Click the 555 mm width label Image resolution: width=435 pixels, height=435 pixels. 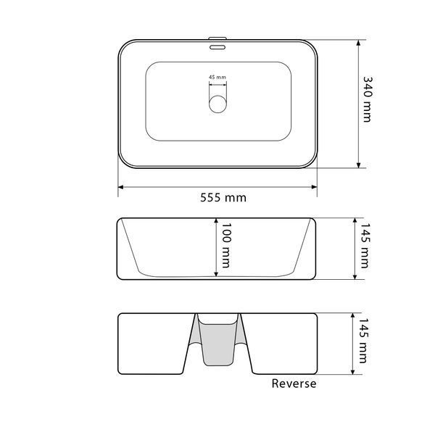[x=223, y=198]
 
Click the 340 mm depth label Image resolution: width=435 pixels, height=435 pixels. [x=368, y=99]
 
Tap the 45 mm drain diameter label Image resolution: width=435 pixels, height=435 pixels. [x=217, y=77]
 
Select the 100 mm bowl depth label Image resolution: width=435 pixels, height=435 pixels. [x=225, y=245]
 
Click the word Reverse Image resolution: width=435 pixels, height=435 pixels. [x=294, y=384]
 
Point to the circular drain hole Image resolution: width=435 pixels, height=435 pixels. [x=217, y=104]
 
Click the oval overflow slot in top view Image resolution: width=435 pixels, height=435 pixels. [x=217, y=47]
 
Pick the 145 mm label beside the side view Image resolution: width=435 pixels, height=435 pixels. [x=365, y=245]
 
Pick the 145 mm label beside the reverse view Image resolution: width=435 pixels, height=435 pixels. [x=363, y=341]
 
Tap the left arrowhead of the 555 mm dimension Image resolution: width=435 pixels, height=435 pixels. [x=120, y=187]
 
